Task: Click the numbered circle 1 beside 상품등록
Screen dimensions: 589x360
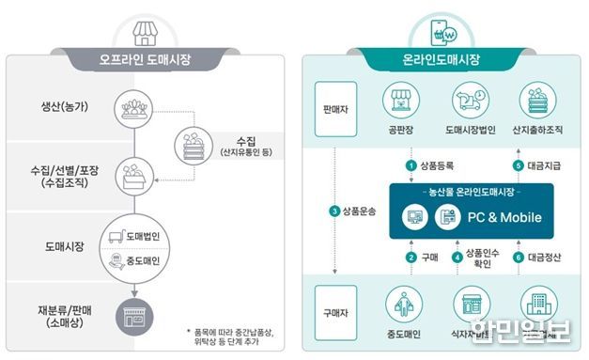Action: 410,165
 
